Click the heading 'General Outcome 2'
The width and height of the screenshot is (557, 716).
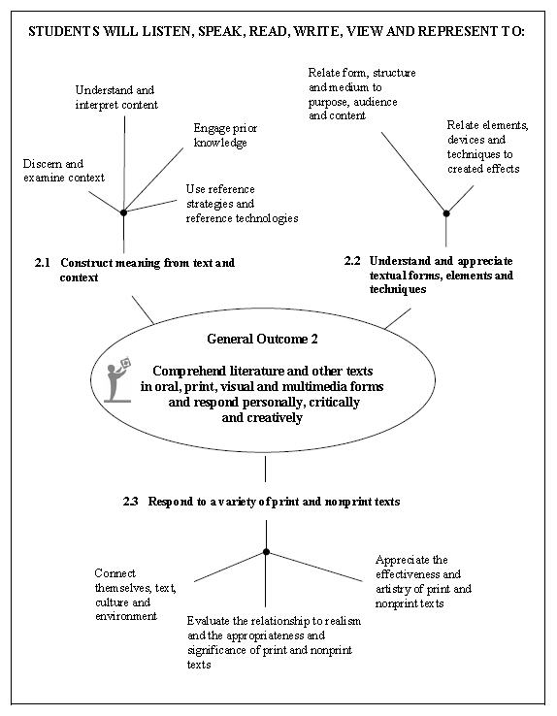[x=263, y=339]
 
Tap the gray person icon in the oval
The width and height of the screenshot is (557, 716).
[x=117, y=380]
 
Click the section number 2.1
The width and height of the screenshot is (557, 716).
[x=43, y=263]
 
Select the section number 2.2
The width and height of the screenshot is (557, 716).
[x=352, y=261]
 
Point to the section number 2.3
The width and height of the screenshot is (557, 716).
[x=131, y=502]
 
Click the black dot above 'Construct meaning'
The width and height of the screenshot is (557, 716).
[x=123, y=212]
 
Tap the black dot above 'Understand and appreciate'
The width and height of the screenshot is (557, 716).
[x=446, y=213]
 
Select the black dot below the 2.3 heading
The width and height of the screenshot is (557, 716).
[x=266, y=552]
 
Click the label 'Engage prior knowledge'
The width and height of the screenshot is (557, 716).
[x=225, y=135]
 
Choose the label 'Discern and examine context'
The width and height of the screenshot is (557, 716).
[x=64, y=171]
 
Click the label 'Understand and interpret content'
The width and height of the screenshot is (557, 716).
[x=116, y=97]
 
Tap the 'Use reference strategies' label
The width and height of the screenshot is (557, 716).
[x=242, y=204]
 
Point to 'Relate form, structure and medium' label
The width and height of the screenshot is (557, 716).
[x=362, y=93]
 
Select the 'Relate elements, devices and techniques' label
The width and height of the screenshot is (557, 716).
[x=487, y=146]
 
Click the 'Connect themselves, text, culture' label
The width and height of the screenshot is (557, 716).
[x=136, y=595]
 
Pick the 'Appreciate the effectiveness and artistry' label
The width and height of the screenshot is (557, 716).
[x=424, y=581]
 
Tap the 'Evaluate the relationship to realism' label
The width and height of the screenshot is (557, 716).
[x=274, y=642]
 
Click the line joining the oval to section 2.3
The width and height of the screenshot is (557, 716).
[x=265, y=469]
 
